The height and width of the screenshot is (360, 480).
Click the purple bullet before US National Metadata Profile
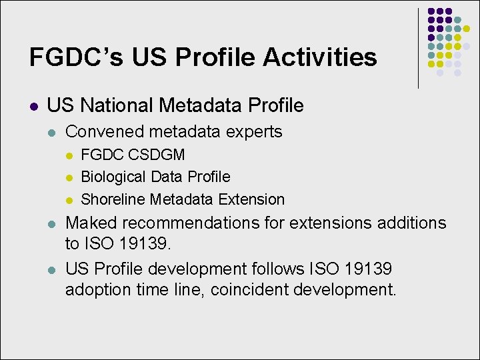pyautogui.click(x=33, y=106)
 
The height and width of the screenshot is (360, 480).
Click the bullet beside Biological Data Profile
pyautogui.click(x=69, y=177)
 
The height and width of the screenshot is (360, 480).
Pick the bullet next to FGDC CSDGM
pyautogui.click(x=69, y=155)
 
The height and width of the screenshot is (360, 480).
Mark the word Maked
pyautogui.click(x=91, y=223)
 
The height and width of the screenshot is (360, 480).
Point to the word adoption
pyautogui.click(x=95, y=290)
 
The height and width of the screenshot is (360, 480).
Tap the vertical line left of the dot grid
pyautogui.click(x=418, y=48)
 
